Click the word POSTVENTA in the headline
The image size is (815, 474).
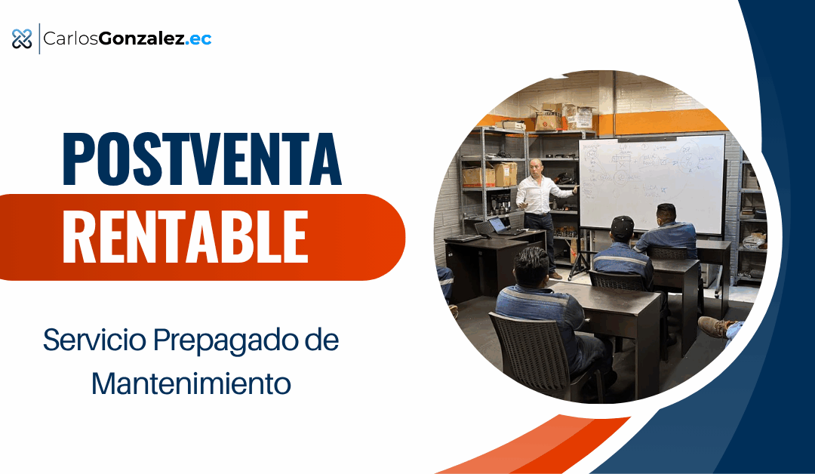tap(201, 160)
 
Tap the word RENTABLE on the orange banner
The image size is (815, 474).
tap(185, 237)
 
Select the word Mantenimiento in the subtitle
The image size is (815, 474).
tap(191, 383)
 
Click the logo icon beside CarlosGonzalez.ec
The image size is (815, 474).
tap(22, 38)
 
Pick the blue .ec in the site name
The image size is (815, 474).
tap(199, 38)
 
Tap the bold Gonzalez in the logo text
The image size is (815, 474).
tap(142, 38)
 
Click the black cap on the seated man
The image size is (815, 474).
tap(622, 225)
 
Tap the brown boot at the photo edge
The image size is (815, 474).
tap(712, 326)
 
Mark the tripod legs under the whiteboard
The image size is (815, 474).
tap(582, 264)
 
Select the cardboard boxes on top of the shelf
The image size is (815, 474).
tap(558, 117)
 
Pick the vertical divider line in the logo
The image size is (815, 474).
tap(38, 38)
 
